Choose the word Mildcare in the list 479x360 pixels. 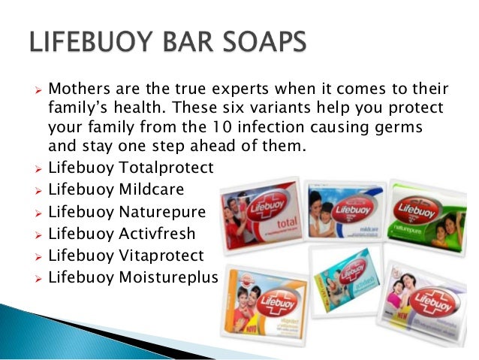point(151,188)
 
